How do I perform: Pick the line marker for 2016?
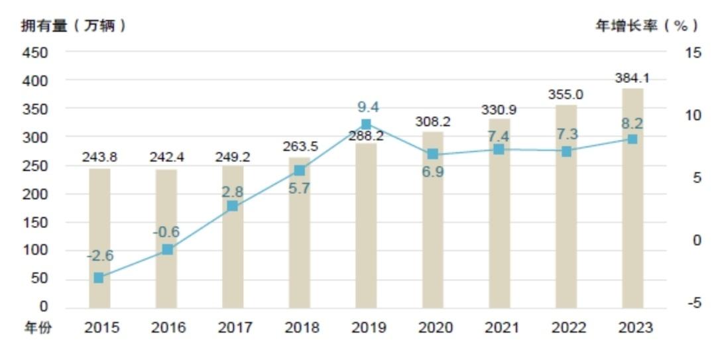(167, 249)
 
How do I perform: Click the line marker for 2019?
(366, 124)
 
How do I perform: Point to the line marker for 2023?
(632, 139)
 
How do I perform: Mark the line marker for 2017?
(233, 206)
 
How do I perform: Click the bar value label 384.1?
(632, 78)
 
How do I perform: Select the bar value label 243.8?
(99, 157)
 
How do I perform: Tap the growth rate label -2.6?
(100, 256)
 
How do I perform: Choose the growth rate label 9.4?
(367, 107)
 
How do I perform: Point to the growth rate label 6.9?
(432, 172)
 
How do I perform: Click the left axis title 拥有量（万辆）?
(73, 26)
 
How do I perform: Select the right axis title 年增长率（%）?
(646, 26)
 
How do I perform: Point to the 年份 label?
(37, 328)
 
